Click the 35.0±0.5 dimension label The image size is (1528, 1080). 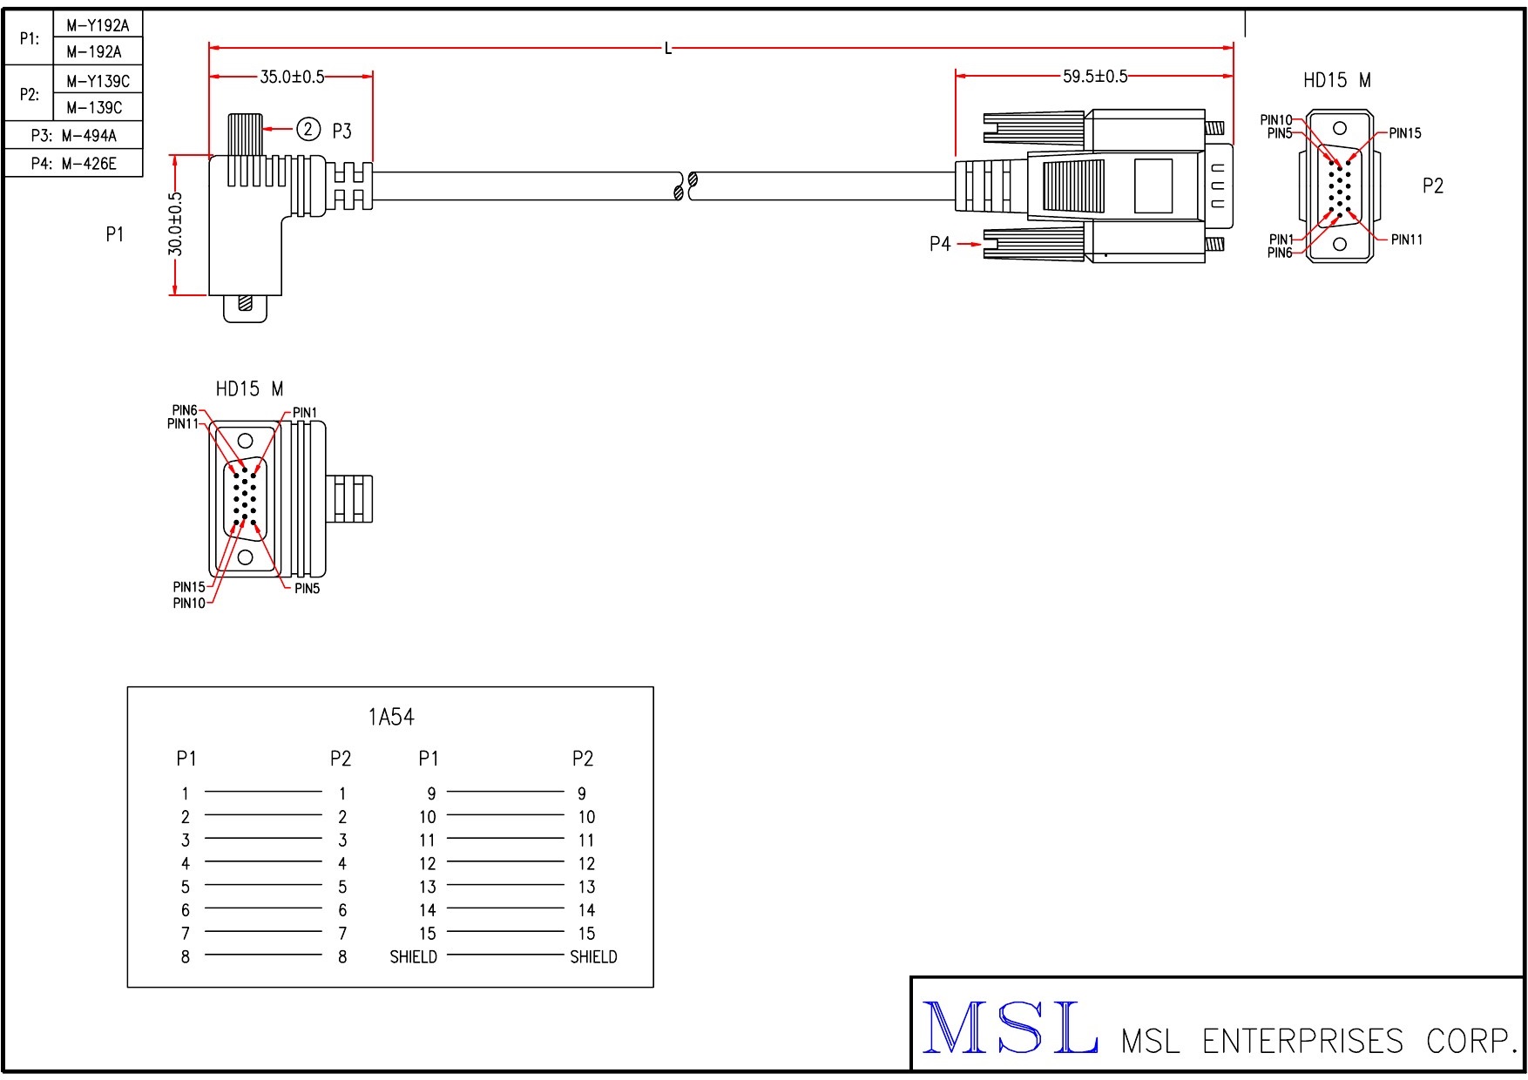[292, 77]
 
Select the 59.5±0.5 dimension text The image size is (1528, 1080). [1094, 77]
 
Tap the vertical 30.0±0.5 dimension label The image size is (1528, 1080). [176, 224]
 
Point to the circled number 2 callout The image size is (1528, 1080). [308, 130]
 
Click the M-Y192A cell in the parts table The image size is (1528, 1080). [98, 25]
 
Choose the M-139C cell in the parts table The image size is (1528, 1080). [94, 108]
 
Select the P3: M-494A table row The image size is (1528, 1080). [73, 136]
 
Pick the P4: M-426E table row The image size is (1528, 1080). [73, 164]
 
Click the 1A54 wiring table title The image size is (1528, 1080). [391, 717]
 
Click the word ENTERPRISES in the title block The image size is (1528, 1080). [1302, 1041]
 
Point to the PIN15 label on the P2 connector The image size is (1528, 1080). [1404, 133]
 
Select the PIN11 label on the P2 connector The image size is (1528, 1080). [1406, 240]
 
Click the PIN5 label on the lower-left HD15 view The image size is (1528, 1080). [307, 589]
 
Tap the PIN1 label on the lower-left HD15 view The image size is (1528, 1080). [305, 413]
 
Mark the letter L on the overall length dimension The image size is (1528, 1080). [668, 49]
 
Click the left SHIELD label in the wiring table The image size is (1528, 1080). [413, 957]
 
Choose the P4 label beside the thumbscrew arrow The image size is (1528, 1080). [939, 245]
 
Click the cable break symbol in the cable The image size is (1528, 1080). [686, 186]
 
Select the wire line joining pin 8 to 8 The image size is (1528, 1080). [263, 955]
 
